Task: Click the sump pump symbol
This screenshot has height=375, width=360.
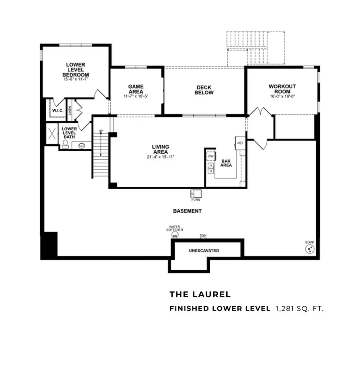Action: [310, 250]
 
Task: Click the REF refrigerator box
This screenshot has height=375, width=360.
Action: [240, 143]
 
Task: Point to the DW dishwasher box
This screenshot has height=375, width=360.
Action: [210, 156]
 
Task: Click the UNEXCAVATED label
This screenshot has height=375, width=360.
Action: [204, 250]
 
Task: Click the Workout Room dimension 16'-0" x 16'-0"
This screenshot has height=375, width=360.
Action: [282, 97]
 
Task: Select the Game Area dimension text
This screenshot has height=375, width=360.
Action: [136, 96]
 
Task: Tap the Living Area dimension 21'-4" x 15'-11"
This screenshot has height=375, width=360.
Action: [160, 157]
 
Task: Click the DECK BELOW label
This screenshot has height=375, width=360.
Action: [204, 90]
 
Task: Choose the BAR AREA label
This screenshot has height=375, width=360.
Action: [226, 163]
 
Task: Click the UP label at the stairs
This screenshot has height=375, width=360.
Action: [101, 131]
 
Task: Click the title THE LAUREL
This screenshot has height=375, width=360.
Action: [200, 294]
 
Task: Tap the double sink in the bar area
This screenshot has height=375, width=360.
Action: [211, 168]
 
